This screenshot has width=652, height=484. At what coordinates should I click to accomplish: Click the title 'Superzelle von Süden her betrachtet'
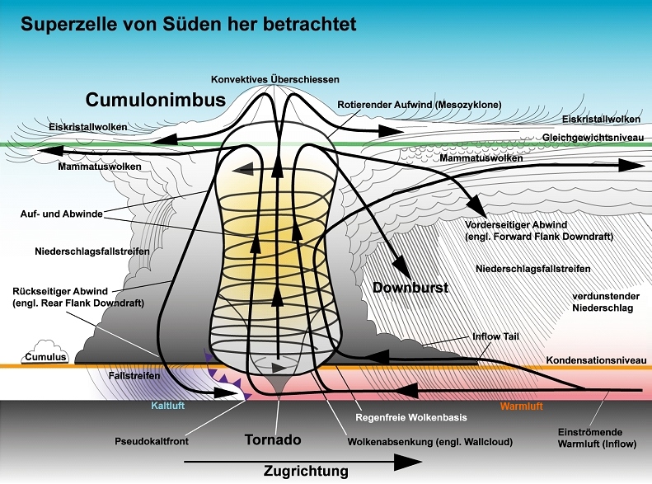point(189,24)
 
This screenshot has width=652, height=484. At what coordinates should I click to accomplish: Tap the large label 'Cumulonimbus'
point(155,101)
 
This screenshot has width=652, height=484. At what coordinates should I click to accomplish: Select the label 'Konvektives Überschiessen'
point(274,79)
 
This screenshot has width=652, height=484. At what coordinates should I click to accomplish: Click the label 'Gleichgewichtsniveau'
point(590,137)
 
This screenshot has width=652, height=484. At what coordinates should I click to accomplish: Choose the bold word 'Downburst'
point(410,288)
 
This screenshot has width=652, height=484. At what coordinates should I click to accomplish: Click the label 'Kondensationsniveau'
point(593,360)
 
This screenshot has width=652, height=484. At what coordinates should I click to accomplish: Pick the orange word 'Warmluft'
point(523,406)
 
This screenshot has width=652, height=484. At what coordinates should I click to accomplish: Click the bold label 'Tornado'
point(274,439)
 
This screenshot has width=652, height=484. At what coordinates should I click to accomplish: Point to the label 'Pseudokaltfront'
point(152,441)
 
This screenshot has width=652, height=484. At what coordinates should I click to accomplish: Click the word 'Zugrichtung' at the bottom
point(306,472)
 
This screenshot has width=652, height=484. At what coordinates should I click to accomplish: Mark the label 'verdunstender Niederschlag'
point(607,301)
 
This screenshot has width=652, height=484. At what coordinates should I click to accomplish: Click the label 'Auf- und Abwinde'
point(63,214)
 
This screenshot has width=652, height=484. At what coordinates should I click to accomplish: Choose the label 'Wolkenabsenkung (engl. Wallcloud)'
point(431,441)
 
